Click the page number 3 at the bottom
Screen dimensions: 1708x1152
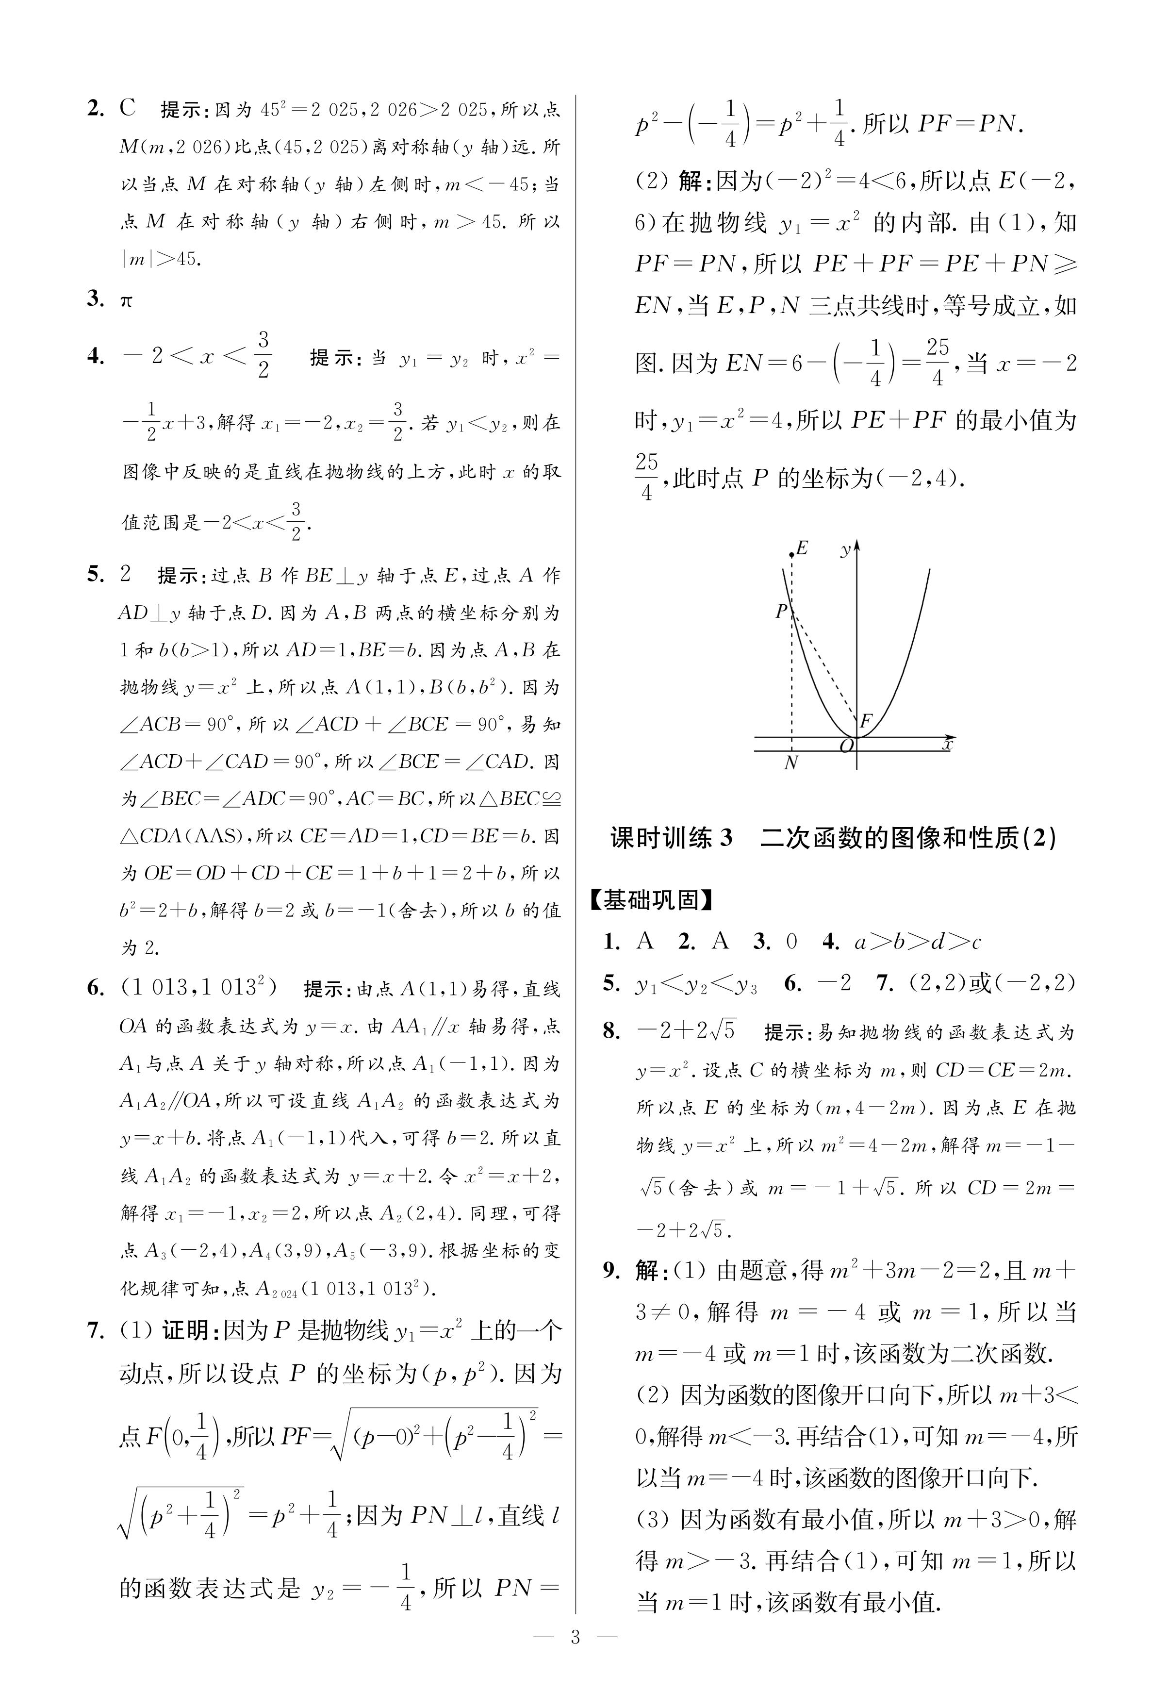[x=575, y=1658]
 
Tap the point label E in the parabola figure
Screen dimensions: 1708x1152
[x=802, y=548]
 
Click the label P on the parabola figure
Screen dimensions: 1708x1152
[x=781, y=611]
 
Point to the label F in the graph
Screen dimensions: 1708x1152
[x=866, y=721]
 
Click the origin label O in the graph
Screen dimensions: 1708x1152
[x=846, y=746]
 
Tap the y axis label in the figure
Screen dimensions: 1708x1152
[x=846, y=549]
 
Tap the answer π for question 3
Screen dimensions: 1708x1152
[x=126, y=300]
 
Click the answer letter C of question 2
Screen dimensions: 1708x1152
[x=128, y=109]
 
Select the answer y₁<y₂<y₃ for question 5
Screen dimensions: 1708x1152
[x=696, y=984]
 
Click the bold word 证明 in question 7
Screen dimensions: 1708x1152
[x=184, y=1330]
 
